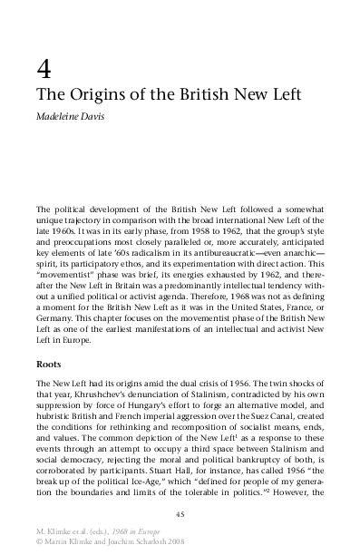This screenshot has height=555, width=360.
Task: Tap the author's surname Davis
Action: [96, 116]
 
